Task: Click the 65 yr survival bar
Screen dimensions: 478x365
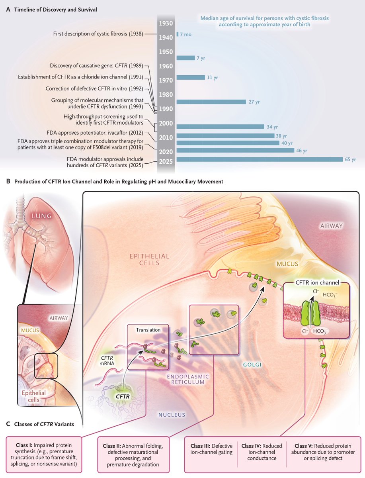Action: coord(259,159)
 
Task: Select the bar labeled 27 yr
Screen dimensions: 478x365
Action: coord(211,102)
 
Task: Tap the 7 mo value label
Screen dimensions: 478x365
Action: coord(185,35)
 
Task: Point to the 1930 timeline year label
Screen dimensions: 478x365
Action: coord(165,24)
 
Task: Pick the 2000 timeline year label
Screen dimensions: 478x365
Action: coord(165,123)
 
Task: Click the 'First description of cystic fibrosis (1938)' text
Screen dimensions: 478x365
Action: coord(99,33)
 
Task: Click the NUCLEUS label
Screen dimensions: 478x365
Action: coord(172,415)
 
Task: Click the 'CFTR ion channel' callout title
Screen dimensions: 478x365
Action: coord(317,283)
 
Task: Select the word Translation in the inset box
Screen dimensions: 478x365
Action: coord(148,330)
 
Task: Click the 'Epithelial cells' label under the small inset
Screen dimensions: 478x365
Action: coord(33,397)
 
